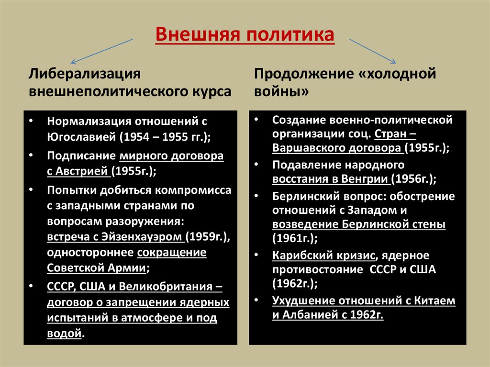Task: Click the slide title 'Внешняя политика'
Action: tap(245, 36)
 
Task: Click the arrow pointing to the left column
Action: tap(101, 51)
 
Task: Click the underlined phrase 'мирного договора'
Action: tap(172, 156)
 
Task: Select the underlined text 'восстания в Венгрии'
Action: tap(330, 179)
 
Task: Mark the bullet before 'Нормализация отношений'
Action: tap(32, 121)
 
